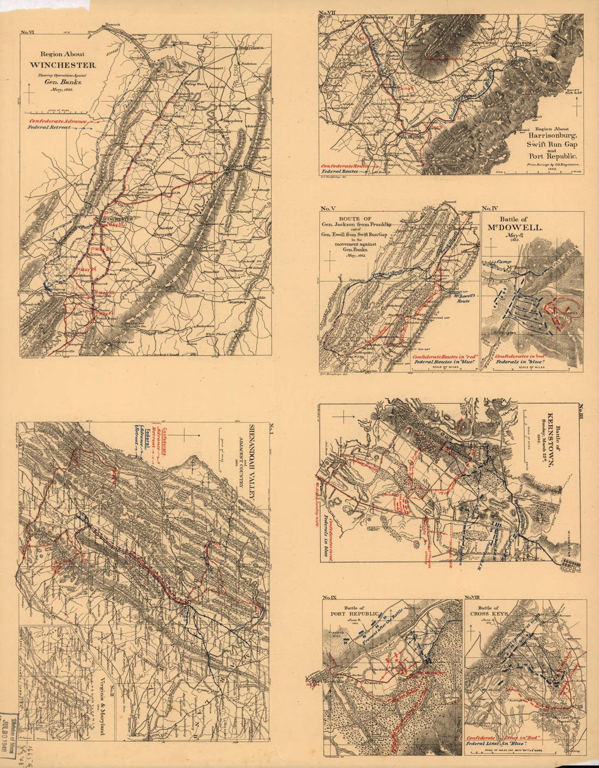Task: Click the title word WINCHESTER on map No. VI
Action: [x=63, y=65]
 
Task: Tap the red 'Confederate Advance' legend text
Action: [x=58, y=121]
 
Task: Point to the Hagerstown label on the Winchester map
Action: [x=250, y=48]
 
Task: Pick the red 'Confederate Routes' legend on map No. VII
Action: [x=345, y=165]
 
